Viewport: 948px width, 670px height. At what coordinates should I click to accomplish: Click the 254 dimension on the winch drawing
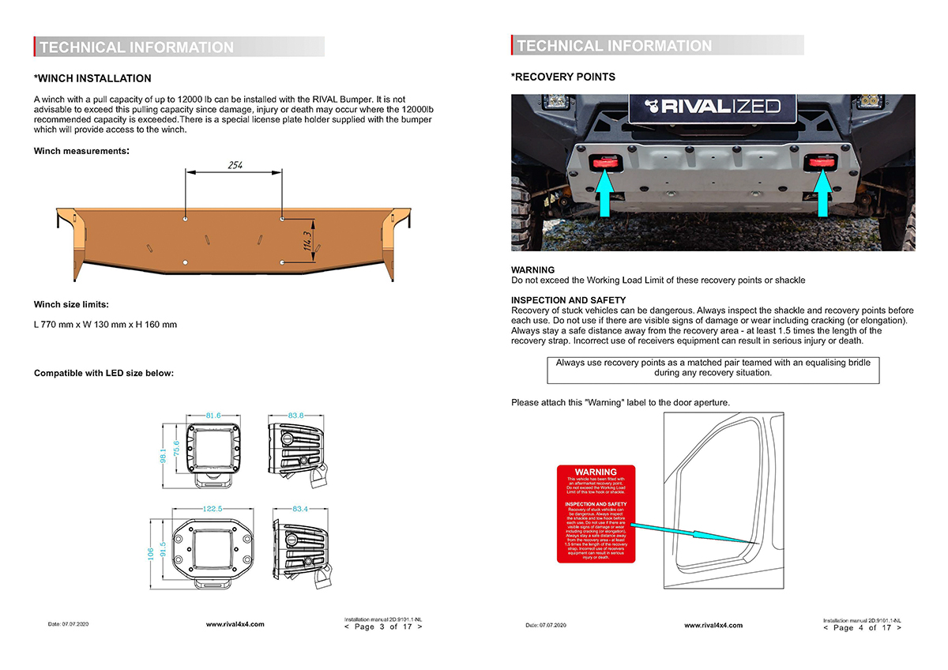click(234, 165)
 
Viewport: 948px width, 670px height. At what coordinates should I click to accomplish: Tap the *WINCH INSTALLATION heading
click(92, 78)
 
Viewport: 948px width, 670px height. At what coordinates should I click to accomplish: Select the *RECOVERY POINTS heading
click(563, 77)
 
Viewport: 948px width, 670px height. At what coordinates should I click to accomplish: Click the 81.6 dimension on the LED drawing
click(213, 415)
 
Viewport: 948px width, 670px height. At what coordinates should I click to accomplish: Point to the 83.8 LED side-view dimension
click(296, 415)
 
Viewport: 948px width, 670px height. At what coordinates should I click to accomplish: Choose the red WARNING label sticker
click(596, 514)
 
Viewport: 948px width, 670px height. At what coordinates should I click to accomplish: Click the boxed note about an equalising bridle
click(713, 367)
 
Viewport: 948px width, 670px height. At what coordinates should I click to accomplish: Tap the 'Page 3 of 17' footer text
click(383, 627)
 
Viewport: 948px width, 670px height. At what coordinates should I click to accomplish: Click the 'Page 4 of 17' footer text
click(862, 627)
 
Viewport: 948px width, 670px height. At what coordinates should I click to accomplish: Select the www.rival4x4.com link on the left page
click(235, 624)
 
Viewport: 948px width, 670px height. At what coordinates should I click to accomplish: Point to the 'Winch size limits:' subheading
click(71, 304)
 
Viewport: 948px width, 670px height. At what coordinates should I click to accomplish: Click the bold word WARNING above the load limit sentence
click(533, 270)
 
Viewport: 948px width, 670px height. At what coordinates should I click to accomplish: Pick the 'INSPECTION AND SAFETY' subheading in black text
click(568, 300)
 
